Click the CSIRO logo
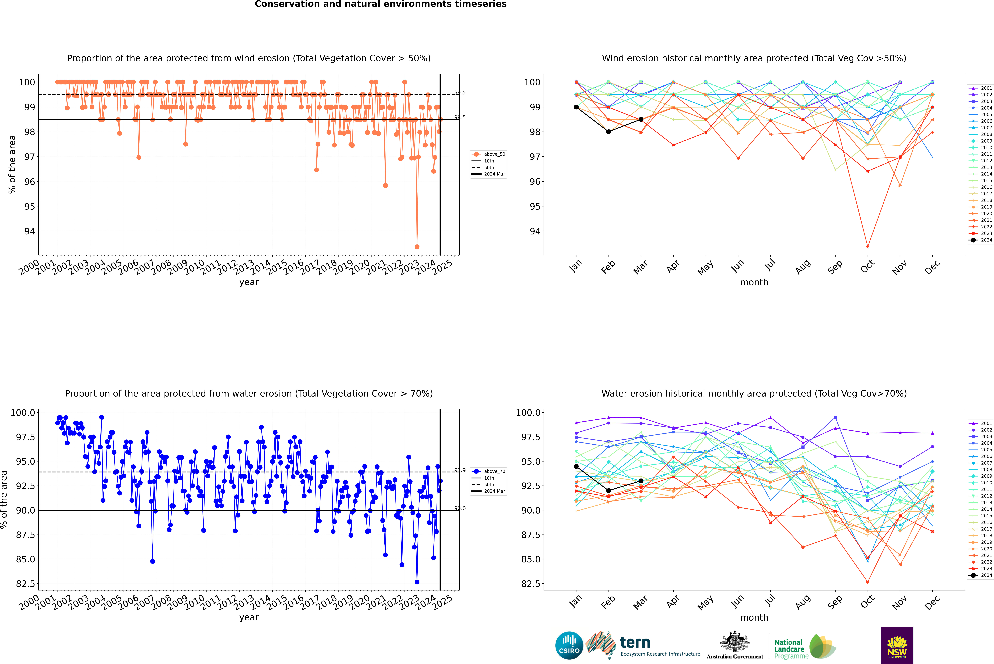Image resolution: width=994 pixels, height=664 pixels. point(569,645)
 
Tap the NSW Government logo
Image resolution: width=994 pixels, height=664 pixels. point(897,645)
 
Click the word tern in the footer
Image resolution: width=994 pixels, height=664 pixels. point(635,642)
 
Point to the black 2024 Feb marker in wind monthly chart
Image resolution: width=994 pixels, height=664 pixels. point(608,132)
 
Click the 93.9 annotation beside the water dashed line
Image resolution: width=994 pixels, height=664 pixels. point(460,470)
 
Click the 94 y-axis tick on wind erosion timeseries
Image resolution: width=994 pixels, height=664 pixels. point(30,231)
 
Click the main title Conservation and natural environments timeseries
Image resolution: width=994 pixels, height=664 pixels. point(380,4)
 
